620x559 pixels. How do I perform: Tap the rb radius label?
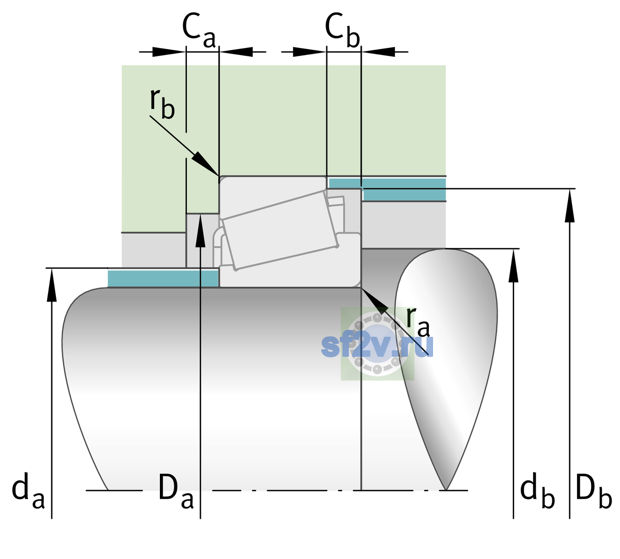click(163, 103)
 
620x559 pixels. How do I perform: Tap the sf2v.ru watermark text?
click(377, 346)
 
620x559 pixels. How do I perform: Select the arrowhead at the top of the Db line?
click(570, 206)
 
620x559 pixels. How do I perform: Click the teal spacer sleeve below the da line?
click(163, 279)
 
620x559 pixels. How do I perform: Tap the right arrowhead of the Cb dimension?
click(379, 52)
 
